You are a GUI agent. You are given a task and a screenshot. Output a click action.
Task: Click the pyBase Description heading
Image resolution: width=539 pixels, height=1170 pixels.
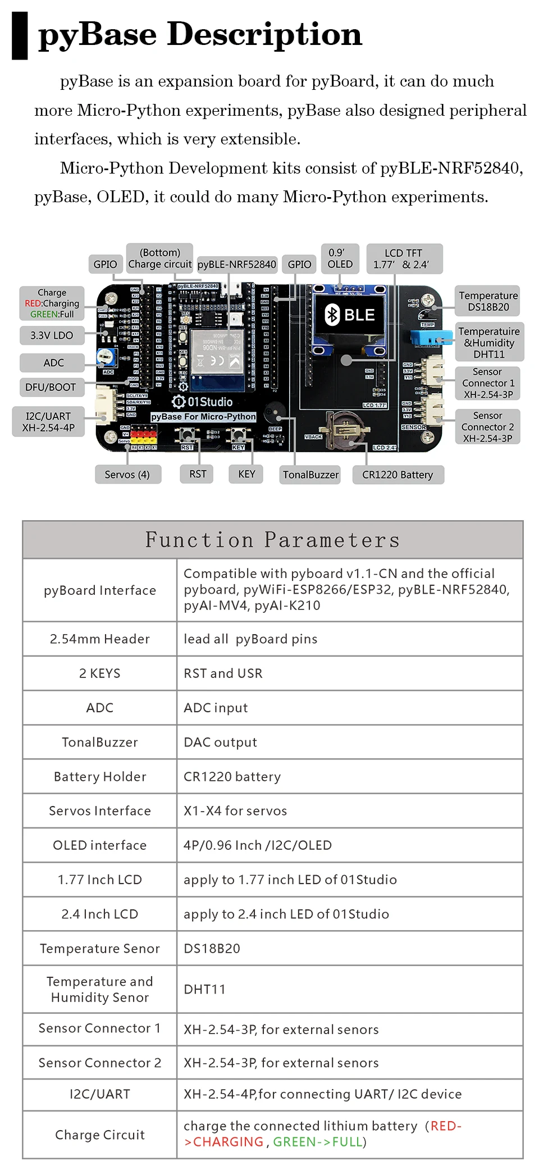tap(200, 35)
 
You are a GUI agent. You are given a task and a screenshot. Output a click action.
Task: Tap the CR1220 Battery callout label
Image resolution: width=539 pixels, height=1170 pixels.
tap(398, 475)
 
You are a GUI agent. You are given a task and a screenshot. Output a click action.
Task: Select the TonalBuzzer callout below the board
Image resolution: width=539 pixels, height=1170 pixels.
tap(310, 475)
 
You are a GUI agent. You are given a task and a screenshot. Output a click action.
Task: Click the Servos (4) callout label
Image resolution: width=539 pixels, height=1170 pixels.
tap(127, 475)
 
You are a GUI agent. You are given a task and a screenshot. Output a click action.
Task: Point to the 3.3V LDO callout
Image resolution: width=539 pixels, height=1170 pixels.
tap(52, 335)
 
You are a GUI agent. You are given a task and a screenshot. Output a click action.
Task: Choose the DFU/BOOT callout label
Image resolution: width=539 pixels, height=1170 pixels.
tap(51, 387)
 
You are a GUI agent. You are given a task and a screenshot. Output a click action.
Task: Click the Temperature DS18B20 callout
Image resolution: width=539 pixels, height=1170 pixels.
tap(488, 301)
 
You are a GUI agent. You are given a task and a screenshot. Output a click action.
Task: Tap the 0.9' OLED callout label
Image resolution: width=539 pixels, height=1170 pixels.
tap(340, 258)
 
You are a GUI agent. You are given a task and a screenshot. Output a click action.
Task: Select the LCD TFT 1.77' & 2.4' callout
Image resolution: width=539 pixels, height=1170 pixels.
tap(404, 258)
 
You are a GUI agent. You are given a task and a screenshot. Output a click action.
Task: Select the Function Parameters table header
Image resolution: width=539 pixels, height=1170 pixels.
tap(273, 540)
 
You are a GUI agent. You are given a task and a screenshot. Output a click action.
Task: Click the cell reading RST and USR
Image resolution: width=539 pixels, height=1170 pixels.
tap(223, 673)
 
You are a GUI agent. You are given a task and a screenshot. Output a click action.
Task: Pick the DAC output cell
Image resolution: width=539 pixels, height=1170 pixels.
tap(220, 743)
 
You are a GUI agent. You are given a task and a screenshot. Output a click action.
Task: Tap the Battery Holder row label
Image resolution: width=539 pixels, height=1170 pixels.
tap(100, 777)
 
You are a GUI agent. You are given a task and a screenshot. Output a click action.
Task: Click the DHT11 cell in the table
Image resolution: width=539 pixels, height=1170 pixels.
tap(204, 990)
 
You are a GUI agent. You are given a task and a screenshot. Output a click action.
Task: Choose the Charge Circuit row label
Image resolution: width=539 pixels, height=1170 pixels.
tap(100, 1135)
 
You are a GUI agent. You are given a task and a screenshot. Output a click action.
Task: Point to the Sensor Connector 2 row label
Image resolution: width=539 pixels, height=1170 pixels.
tap(100, 1063)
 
